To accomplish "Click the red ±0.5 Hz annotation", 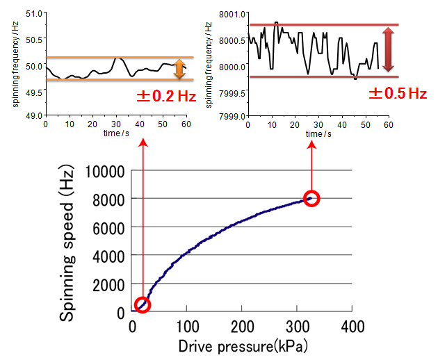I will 397,92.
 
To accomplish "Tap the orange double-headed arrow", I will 179,69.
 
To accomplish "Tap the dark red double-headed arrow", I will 388,50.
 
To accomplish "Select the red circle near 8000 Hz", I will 311,198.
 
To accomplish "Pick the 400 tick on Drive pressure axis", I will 353,326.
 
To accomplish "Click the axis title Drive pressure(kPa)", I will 242,345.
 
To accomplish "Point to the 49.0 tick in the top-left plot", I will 32,116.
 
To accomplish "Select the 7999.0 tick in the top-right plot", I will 232,116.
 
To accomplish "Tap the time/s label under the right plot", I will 315,133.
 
